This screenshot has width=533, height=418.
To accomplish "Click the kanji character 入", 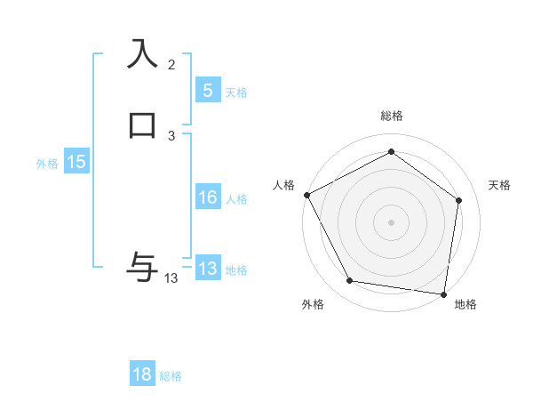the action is (x=142, y=53).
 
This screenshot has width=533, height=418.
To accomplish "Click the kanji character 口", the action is (x=142, y=124).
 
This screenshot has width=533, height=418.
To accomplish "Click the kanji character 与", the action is (x=142, y=265).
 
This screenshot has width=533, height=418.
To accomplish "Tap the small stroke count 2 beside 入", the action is (x=171, y=64).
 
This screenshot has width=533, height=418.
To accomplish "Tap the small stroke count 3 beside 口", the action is (x=171, y=135).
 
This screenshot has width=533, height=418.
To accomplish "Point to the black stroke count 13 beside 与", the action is (x=171, y=278).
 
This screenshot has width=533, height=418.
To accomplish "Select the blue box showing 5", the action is (x=207, y=91).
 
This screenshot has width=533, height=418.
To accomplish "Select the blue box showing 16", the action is (x=207, y=197).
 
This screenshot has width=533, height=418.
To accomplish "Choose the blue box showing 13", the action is (x=207, y=269).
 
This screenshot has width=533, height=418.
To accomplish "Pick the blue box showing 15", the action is (x=76, y=162).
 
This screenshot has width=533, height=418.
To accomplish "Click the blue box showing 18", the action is (x=142, y=374).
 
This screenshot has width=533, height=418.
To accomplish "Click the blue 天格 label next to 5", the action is (x=236, y=92).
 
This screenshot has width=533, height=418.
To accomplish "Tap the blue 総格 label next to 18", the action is (x=171, y=376).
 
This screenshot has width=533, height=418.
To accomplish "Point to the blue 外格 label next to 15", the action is (x=47, y=164).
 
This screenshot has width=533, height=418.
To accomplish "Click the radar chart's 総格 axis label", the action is (x=391, y=116).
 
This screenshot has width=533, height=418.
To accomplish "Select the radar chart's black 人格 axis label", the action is (x=283, y=185).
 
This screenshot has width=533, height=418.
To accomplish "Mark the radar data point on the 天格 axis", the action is (x=458, y=200).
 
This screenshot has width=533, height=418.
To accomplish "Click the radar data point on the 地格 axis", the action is (x=444, y=293).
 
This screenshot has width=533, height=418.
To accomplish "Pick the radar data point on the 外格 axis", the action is (x=350, y=281).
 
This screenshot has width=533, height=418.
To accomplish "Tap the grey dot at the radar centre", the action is (x=391, y=221).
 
